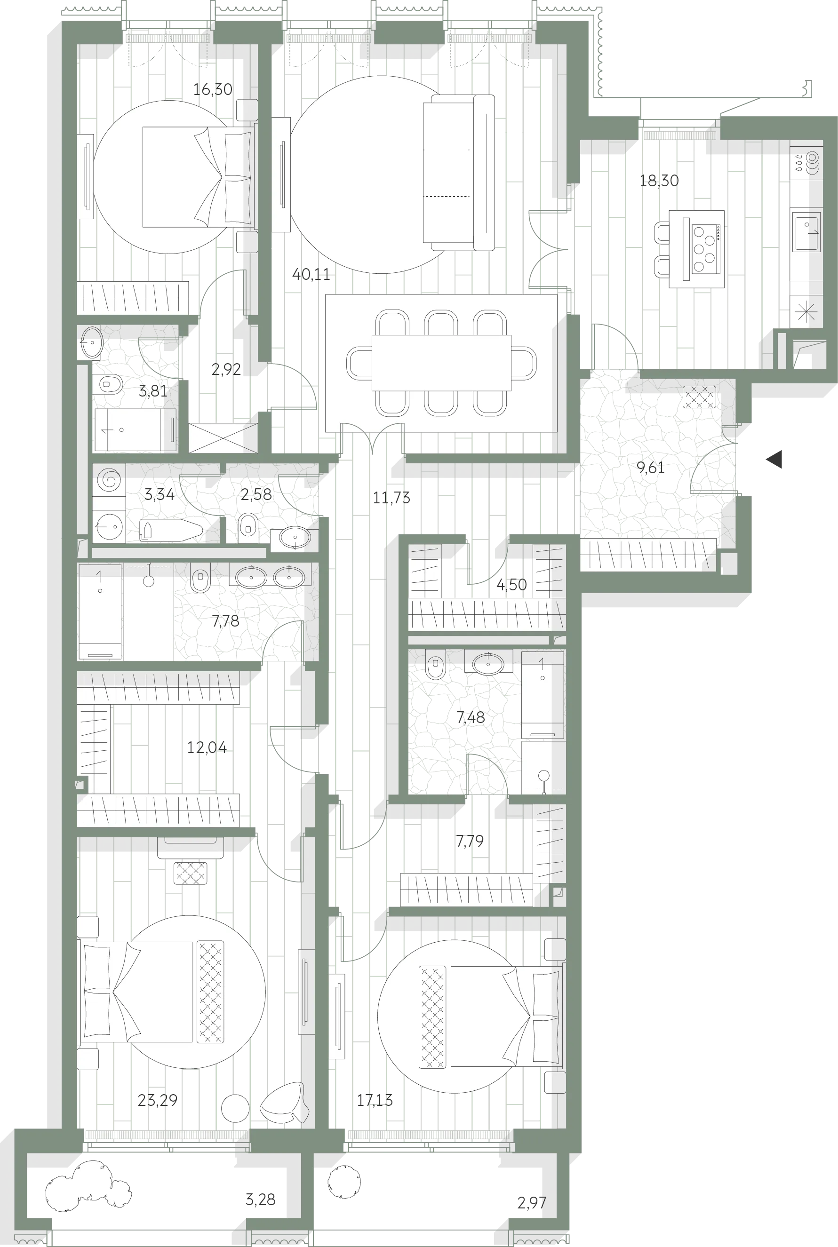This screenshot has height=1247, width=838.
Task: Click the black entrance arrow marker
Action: (x=774, y=460)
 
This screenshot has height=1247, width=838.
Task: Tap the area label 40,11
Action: (x=311, y=275)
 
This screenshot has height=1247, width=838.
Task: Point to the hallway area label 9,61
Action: (x=650, y=468)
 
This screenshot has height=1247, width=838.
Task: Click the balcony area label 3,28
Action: (x=260, y=1199)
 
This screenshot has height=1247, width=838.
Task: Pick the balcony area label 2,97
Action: (x=532, y=1203)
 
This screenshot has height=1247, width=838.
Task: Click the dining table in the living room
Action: (x=441, y=363)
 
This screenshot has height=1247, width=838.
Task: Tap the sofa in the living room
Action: (x=459, y=173)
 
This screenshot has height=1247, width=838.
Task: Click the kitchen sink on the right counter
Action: (x=806, y=231)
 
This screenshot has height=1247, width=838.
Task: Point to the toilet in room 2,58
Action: (x=247, y=524)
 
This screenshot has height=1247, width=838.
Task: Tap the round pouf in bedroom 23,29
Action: (x=235, y=1108)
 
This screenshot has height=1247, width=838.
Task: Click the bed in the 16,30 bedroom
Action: (x=197, y=177)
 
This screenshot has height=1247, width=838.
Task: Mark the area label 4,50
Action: (x=511, y=585)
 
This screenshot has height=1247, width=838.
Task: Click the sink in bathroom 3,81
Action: (x=92, y=342)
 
